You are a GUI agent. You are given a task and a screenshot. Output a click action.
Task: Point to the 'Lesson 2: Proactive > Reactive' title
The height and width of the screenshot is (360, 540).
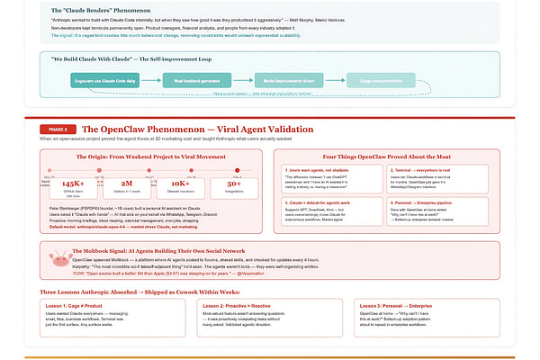click(237, 306)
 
